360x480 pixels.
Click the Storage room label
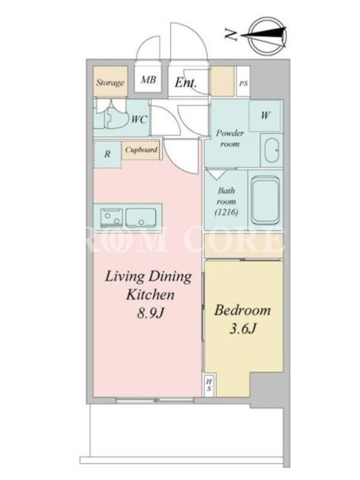110,82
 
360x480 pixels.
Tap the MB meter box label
148,80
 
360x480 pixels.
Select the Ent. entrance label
185,82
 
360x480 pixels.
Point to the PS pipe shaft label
244,83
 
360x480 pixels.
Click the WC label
139,119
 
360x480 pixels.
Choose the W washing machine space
265,116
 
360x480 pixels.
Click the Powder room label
230,139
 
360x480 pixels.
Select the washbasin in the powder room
272,151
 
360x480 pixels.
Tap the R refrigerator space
107,154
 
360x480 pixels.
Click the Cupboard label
141,150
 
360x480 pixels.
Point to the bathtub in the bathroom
265,200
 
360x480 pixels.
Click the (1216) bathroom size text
227,212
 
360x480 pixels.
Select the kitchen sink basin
140,218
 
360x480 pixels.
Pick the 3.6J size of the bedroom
242,329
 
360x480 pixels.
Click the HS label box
209,385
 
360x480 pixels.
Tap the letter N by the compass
232,35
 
